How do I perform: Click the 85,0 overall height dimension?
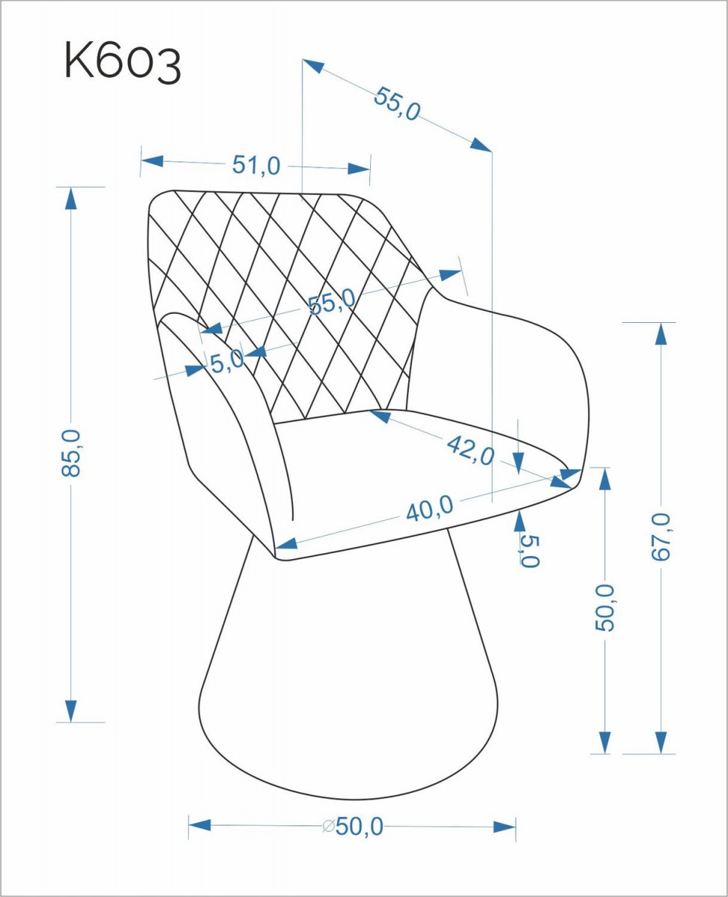click(x=71, y=453)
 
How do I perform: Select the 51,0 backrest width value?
click(x=256, y=165)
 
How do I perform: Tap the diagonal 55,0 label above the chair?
click(x=397, y=104)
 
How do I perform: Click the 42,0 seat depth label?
click(x=470, y=450)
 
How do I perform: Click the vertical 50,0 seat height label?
click(x=605, y=607)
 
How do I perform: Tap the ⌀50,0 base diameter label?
click(x=353, y=826)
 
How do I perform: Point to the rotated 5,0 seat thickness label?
click(x=530, y=552)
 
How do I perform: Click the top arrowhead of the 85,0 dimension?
click(x=71, y=199)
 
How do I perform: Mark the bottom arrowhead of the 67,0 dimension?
click(x=661, y=742)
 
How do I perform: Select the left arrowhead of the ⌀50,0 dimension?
click(x=200, y=825)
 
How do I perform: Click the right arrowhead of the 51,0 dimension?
click(x=359, y=169)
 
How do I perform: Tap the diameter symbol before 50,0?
click(x=328, y=826)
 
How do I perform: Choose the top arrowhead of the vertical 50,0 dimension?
click(x=605, y=479)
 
